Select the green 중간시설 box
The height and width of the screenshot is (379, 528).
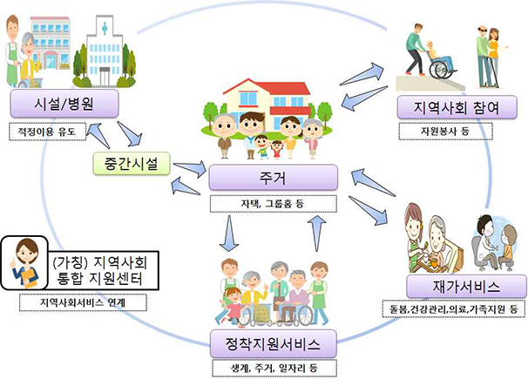coord(131,163)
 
